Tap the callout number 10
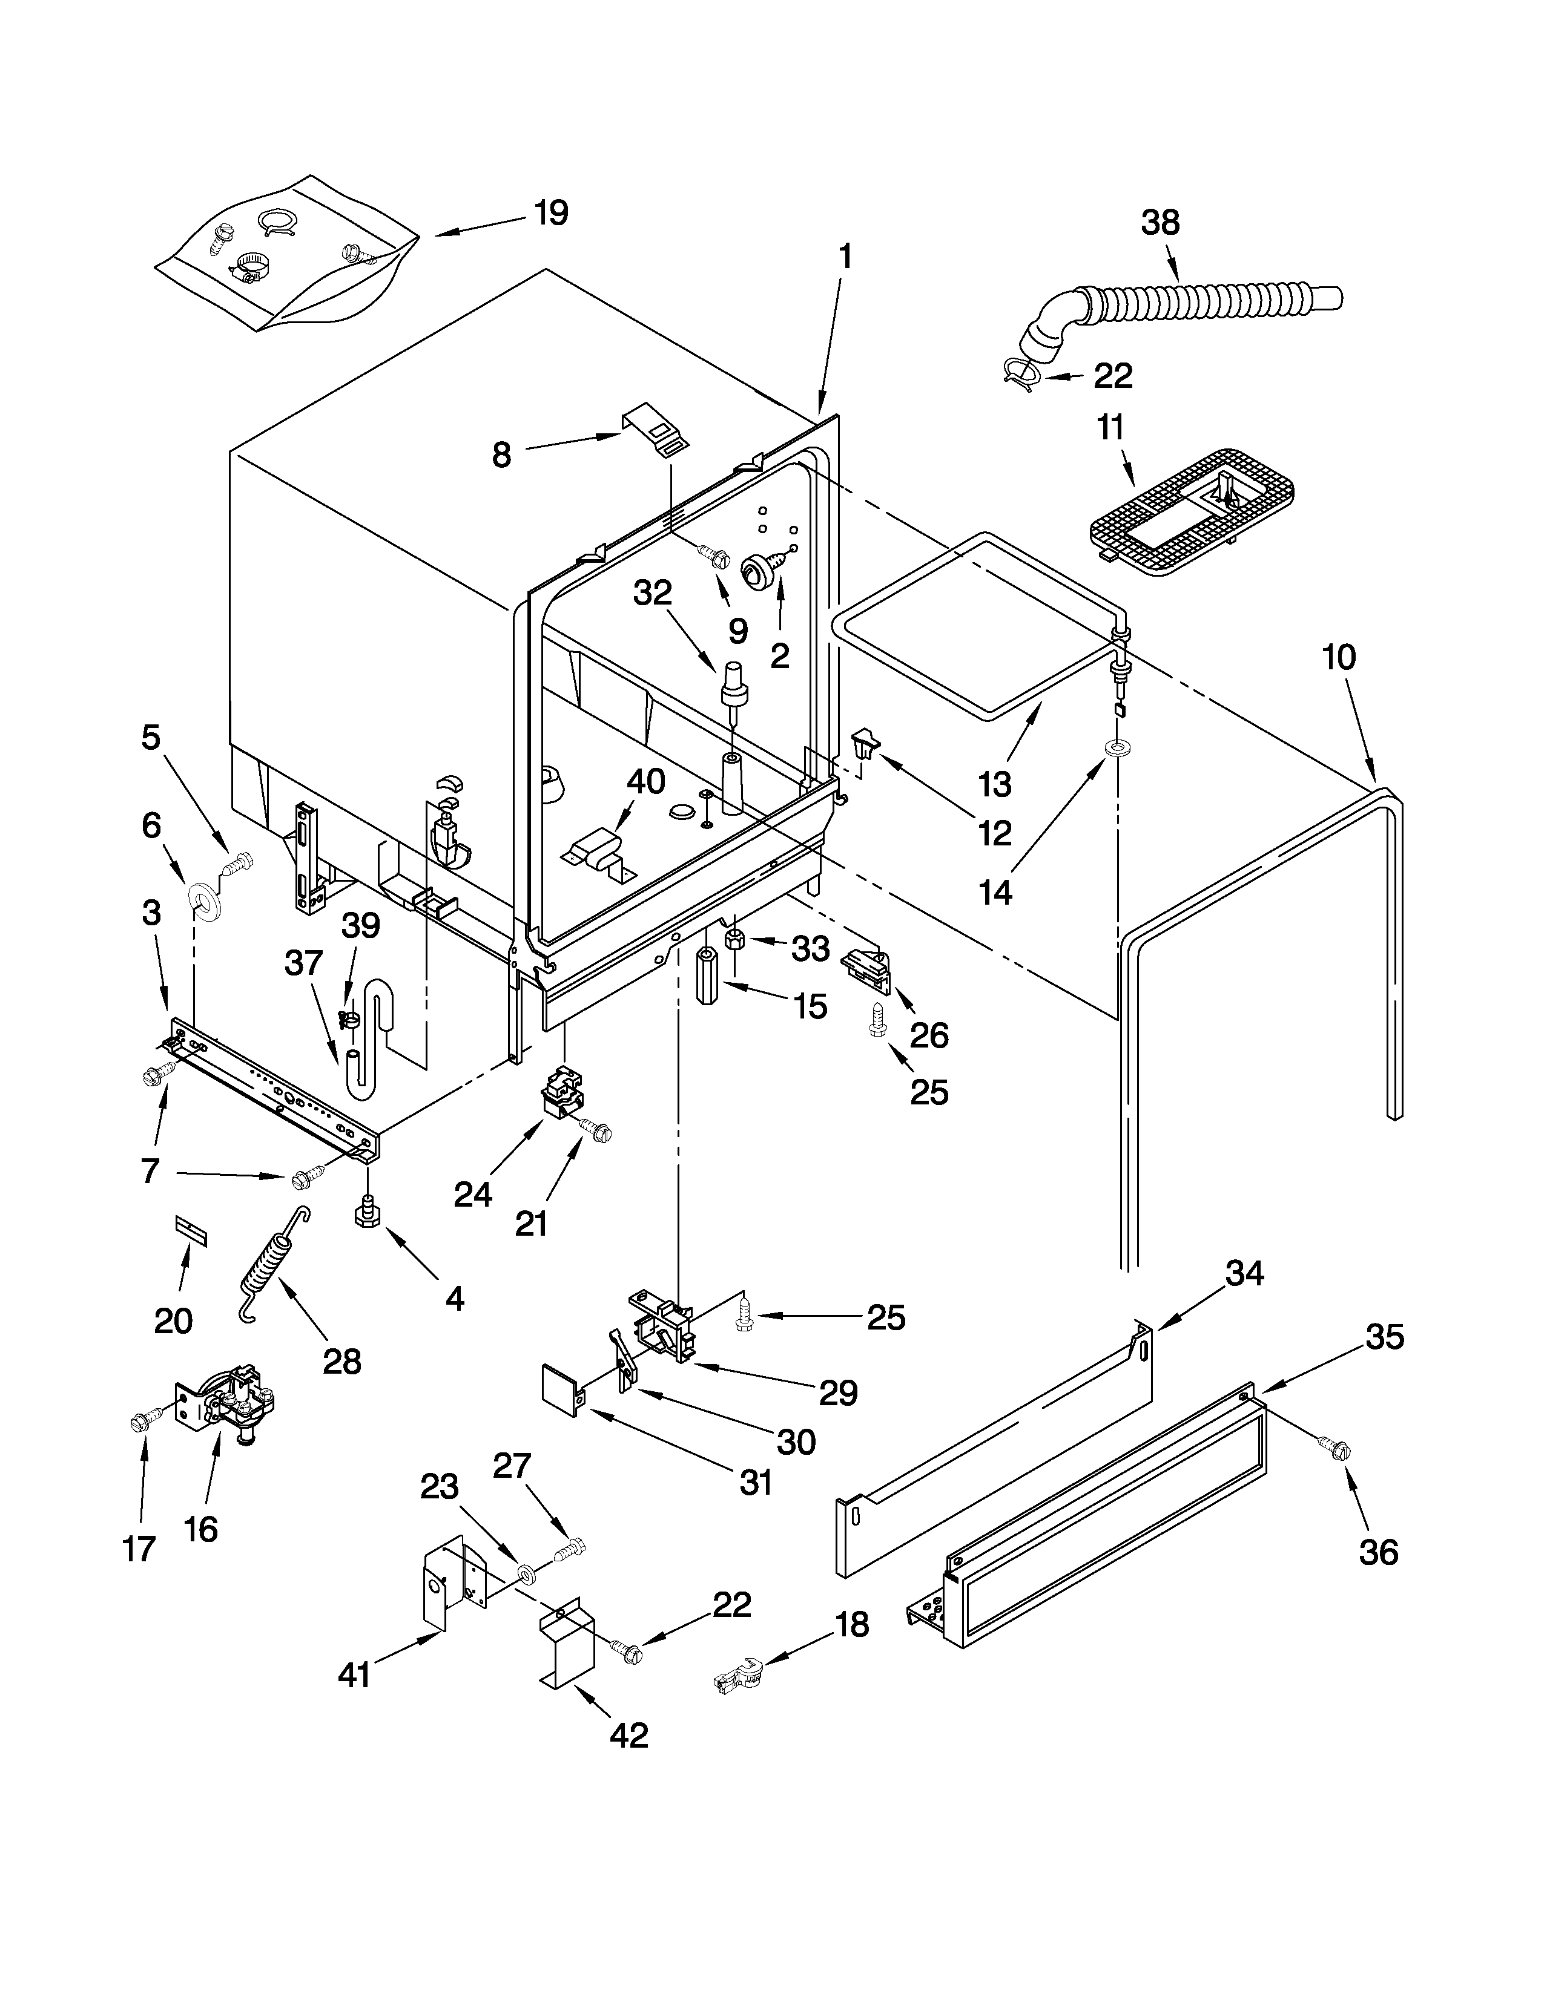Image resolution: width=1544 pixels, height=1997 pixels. coord(1339,657)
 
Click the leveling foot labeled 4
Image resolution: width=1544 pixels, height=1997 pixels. coord(367,1213)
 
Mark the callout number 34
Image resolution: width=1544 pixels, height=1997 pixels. coord(1244,1274)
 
